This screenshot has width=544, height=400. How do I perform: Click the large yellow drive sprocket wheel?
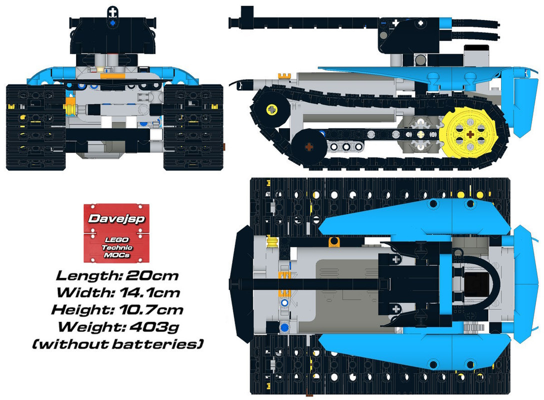469,134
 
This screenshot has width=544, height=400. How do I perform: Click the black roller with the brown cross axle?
309,146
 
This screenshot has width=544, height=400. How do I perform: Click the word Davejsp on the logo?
113,218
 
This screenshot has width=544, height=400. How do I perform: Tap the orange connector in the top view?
334,242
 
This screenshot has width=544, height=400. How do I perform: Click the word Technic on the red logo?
113,247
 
